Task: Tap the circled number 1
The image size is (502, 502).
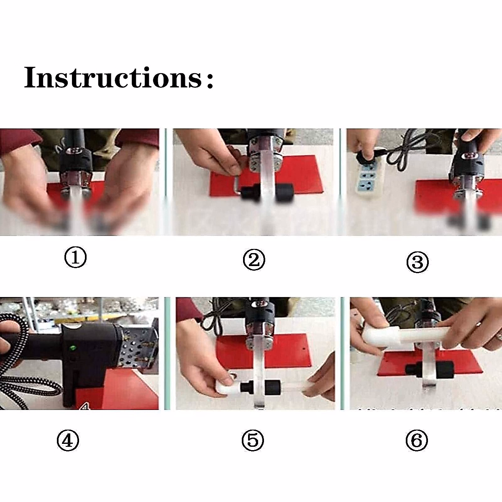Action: tap(75, 258)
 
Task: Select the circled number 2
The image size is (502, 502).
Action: tap(254, 260)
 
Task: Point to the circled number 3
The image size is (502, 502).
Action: tap(417, 262)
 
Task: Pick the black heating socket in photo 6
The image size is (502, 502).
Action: tap(430, 370)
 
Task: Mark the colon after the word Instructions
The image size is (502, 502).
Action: tap(210, 80)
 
